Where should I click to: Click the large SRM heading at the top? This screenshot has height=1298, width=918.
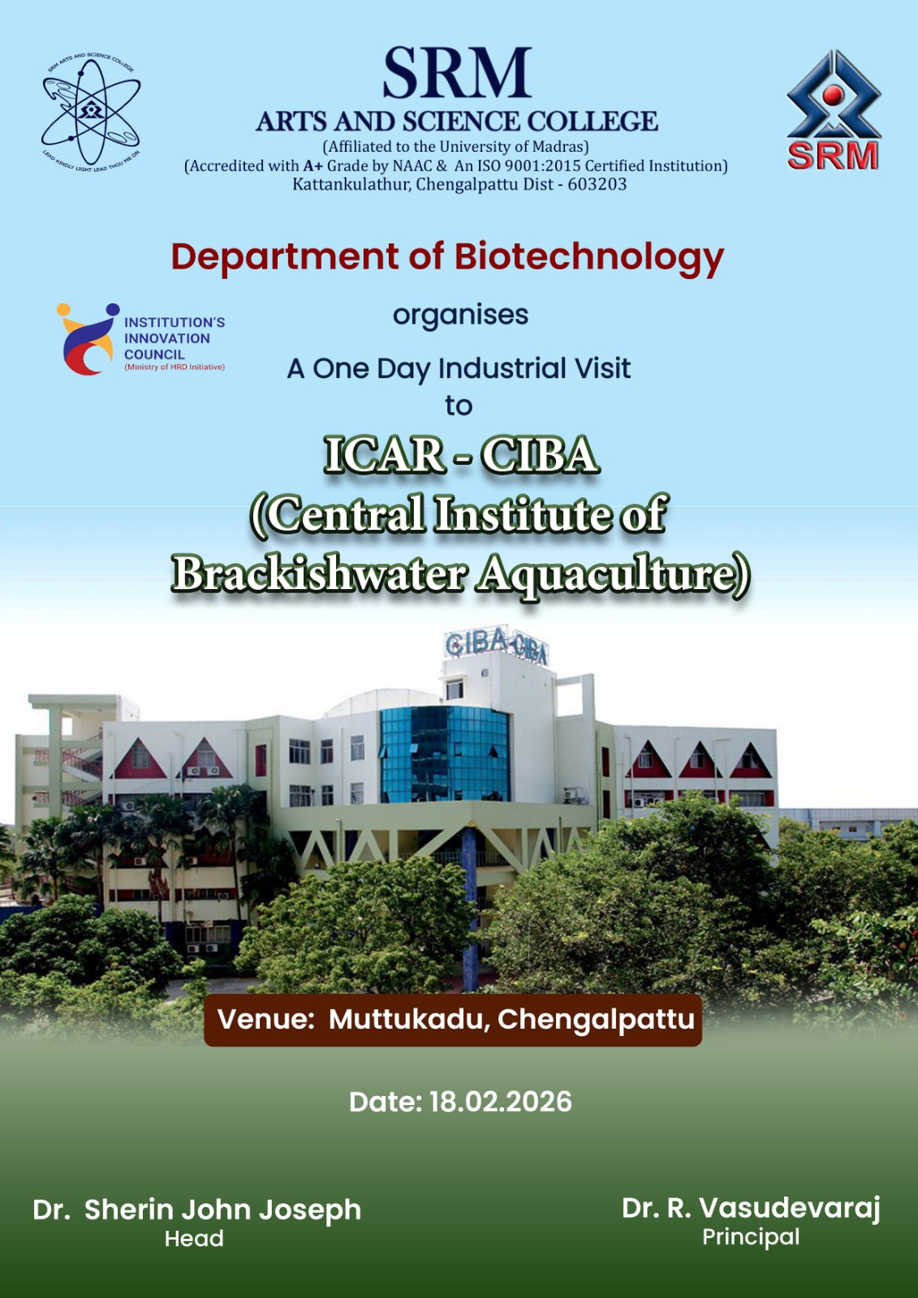(457, 73)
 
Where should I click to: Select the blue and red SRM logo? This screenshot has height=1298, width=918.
(834, 110)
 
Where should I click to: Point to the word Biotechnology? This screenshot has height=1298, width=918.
(589, 257)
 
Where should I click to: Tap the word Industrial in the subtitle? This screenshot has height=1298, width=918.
(502, 368)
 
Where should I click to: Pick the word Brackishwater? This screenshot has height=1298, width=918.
(320, 575)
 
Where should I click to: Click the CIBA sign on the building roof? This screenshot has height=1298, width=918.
(496, 645)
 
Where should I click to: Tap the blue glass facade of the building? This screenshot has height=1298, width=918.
(445, 752)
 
